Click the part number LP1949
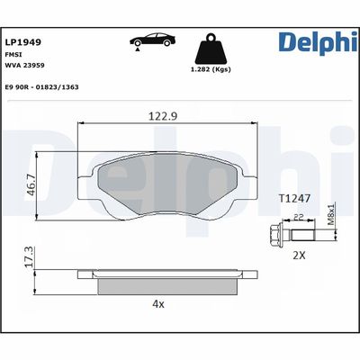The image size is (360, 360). [x=24, y=41]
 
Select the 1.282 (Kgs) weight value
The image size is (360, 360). [x=209, y=69]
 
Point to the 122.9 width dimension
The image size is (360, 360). [x=161, y=116]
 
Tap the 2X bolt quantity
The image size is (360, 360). [x=300, y=255]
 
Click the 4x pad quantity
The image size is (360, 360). [x=158, y=303]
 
